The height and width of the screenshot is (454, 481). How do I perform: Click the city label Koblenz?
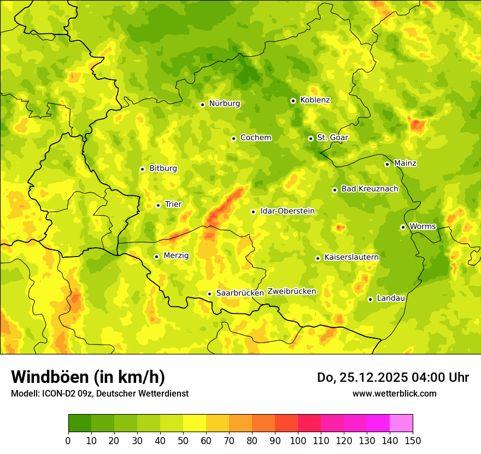pyautogui.click(x=315, y=100)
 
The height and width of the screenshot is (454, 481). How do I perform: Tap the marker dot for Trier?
pyautogui.click(x=158, y=205)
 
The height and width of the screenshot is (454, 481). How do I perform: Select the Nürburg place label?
pyautogui.click(x=224, y=103)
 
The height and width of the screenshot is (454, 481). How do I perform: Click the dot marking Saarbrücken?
pyautogui.click(x=209, y=294)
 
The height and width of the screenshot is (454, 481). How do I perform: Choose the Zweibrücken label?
pyautogui.click(x=291, y=292)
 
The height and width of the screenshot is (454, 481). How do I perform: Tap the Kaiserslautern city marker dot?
pyautogui.click(x=318, y=258)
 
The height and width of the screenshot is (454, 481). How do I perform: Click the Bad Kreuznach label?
pyautogui.click(x=369, y=189)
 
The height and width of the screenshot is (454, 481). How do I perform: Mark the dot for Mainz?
pyautogui.click(x=387, y=164)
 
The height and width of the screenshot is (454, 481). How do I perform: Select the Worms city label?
pyautogui.click(x=423, y=226)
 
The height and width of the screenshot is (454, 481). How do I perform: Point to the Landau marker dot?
pyautogui.click(x=370, y=299)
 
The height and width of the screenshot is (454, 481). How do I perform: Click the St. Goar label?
pyautogui.click(x=332, y=137)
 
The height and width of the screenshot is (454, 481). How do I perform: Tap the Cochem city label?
pyautogui.click(x=255, y=137)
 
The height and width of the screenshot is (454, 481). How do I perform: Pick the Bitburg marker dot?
pyautogui.click(x=142, y=169)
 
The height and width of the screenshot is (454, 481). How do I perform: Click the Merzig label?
pyautogui.click(x=176, y=255)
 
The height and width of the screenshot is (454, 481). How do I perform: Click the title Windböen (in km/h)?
pyautogui.click(x=87, y=377)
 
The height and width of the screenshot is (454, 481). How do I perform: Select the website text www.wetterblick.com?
pyautogui.click(x=394, y=393)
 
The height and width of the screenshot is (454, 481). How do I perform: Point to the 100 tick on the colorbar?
pyautogui.click(x=298, y=440)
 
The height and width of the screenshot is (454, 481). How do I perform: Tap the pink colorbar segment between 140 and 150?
pyautogui.click(x=401, y=423)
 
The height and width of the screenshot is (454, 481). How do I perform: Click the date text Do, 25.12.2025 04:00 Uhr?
pyautogui.click(x=392, y=377)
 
